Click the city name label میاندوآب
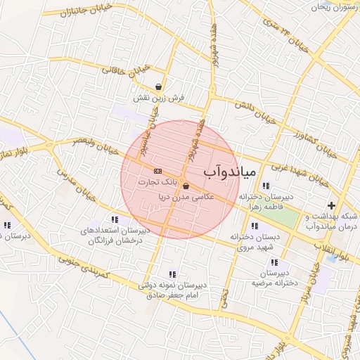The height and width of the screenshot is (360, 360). click(232, 171)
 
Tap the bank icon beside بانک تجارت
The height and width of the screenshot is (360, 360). click(157, 171)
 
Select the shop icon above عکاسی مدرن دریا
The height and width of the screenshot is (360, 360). click(186, 186)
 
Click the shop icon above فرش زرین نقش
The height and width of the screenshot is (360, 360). click(160, 86)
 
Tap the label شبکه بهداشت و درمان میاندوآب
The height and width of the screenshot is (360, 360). click(330, 221)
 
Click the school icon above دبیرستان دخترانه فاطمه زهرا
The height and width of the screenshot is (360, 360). click(265, 186)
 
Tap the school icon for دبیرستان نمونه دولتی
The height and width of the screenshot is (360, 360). click(172, 274)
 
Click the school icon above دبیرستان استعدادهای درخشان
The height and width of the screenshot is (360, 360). click(115, 220)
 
